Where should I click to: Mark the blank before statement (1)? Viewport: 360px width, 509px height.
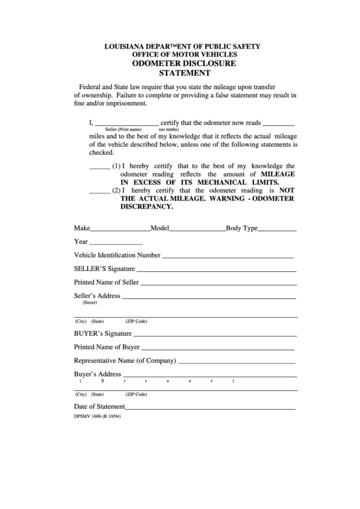[99, 168]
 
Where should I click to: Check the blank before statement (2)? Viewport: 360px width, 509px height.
[99, 192]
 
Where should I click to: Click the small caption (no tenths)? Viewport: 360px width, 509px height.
[168, 129]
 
